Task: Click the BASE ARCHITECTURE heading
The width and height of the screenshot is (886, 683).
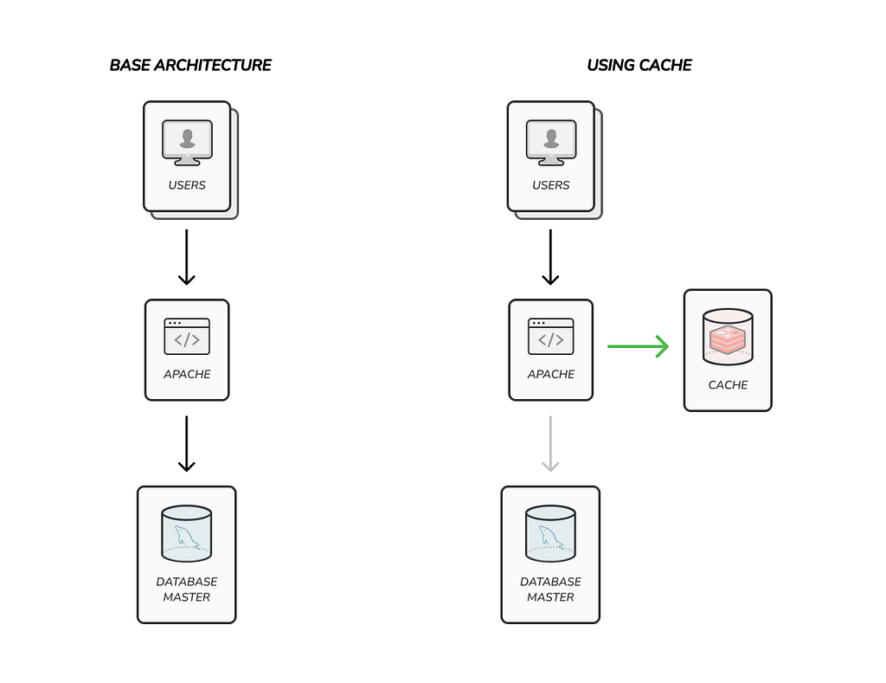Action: (190, 66)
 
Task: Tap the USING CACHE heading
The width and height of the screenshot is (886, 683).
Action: (639, 66)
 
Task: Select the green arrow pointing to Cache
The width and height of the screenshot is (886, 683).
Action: (638, 346)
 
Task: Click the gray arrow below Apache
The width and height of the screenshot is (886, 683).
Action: (550, 444)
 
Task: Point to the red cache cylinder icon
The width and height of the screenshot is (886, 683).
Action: (728, 337)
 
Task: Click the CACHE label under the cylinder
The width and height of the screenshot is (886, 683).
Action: (728, 385)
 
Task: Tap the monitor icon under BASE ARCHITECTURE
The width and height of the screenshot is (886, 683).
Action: (187, 143)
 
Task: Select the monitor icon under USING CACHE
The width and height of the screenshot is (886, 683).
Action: (551, 143)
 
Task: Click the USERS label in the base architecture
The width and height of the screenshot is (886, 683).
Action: (187, 185)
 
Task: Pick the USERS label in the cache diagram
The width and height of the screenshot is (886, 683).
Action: (551, 185)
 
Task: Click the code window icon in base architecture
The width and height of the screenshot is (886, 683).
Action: (187, 337)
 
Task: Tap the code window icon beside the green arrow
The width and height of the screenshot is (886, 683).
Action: (551, 337)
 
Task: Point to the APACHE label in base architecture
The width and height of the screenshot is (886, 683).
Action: (187, 374)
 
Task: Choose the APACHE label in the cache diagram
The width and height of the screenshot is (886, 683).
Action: (551, 374)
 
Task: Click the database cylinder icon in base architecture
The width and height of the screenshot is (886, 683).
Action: (187, 534)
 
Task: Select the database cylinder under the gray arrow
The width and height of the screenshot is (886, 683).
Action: (550, 534)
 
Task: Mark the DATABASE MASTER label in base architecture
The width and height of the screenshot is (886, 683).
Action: (187, 590)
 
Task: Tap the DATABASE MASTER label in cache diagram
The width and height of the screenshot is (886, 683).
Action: (550, 590)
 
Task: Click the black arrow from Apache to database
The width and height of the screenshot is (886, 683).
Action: (187, 444)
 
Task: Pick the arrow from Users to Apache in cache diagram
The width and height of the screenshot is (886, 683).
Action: (550, 257)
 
